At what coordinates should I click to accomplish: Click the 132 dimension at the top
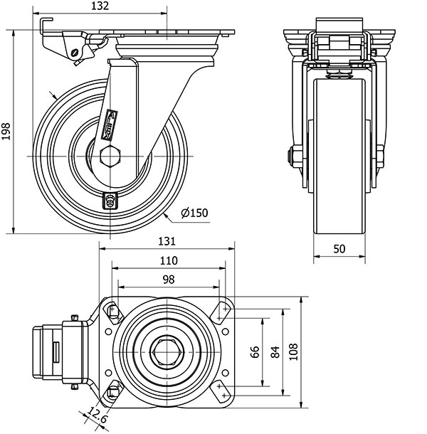coord(100,6)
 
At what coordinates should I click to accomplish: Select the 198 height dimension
coord(7,132)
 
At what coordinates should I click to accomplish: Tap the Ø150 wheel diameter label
coord(194,213)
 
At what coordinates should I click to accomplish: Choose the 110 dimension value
coord(169,260)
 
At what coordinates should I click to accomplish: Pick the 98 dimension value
coord(169,279)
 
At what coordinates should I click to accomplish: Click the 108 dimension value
coord(292,351)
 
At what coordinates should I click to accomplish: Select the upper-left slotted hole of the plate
coord(113,312)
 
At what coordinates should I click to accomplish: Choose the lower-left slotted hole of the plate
coord(113,392)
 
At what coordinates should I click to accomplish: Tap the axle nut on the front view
coord(292,156)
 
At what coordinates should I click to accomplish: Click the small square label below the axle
coord(110,200)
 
